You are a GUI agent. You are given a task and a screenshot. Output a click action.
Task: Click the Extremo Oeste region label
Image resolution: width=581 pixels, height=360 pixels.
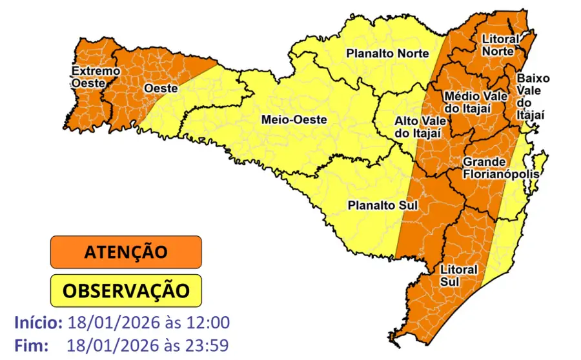(x=95, y=76)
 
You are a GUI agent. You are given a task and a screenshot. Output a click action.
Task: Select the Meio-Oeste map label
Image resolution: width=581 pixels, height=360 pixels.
(x=294, y=119)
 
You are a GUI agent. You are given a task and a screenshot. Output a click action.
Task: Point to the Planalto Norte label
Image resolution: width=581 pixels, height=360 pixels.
(x=387, y=53)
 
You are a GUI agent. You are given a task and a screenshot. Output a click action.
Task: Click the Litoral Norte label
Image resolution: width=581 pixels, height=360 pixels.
(x=500, y=45)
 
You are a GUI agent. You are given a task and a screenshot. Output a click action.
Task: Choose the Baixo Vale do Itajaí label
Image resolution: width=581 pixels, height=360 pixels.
(x=532, y=96)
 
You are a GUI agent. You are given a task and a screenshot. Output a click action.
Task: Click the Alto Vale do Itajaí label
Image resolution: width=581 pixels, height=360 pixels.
(x=418, y=126)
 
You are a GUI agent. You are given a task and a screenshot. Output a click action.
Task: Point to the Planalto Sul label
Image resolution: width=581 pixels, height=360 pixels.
(x=383, y=206)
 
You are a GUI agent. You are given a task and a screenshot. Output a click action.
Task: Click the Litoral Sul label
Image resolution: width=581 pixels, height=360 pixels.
(x=458, y=274)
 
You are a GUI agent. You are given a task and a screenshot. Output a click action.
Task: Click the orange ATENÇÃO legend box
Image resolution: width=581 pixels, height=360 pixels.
(x=126, y=252)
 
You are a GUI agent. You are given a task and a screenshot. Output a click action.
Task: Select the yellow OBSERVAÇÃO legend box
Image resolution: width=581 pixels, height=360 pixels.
(x=126, y=290)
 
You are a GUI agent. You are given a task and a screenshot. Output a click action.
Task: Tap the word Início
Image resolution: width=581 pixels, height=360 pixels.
(x=38, y=323)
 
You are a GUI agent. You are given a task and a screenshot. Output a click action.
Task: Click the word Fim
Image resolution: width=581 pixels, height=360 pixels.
(x=31, y=345)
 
